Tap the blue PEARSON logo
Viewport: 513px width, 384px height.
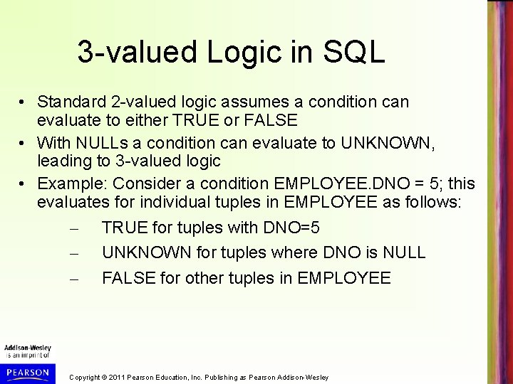click(x=26, y=371)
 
